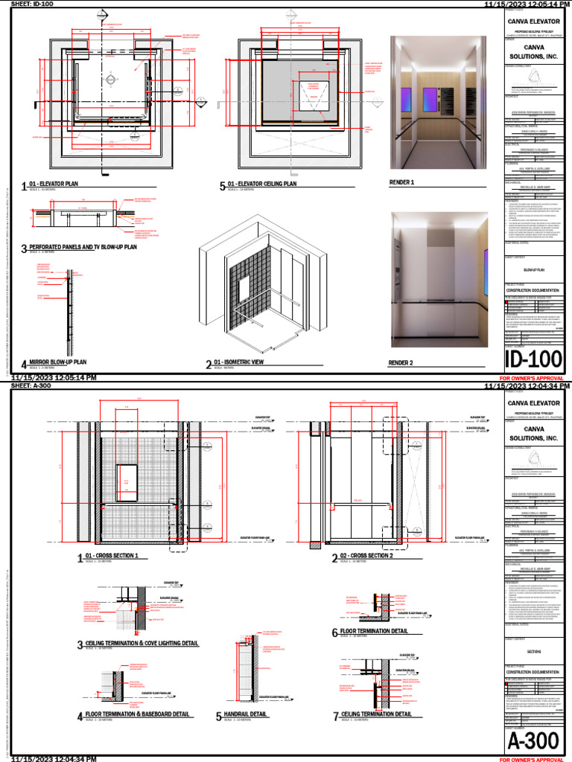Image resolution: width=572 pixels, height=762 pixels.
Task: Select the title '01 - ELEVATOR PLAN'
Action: click(x=54, y=184)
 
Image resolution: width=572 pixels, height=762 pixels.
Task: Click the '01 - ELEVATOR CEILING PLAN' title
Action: click(x=262, y=184)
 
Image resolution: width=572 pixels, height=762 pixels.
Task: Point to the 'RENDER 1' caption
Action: click(x=402, y=182)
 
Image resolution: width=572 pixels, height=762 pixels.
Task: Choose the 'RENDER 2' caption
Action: click(x=402, y=363)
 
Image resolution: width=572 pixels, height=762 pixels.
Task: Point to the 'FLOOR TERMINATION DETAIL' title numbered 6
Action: click(x=374, y=631)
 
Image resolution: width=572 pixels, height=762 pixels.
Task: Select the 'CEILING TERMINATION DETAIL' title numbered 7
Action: click(x=376, y=714)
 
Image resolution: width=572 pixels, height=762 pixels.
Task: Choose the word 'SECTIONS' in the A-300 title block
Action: click(x=534, y=651)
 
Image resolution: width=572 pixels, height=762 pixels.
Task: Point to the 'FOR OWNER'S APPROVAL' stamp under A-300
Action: click(x=531, y=759)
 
